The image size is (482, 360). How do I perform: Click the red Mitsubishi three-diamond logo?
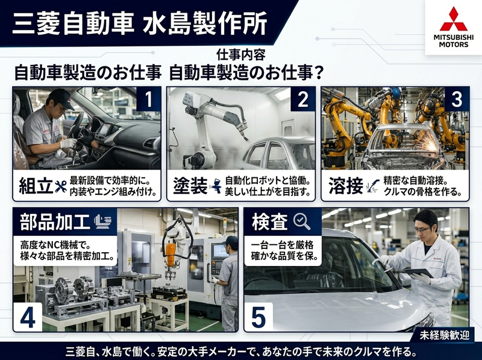[x=454, y=19]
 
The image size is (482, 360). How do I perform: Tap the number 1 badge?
[x=148, y=99]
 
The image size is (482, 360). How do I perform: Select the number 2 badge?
[x=303, y=99]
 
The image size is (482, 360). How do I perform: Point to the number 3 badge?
[x=457, y=99]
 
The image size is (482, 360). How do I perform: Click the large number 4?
[x=28, y=317]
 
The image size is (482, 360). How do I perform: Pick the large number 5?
[x=258, y=317]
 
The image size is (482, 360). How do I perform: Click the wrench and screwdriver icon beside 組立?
[x=61, y=186]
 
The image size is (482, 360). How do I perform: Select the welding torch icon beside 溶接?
[x=373, y=186]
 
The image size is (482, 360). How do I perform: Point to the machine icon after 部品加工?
[x=102, y=221]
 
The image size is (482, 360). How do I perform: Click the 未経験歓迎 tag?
[x=445, y=335]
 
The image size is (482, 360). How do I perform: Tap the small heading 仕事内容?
[x=240, y=55]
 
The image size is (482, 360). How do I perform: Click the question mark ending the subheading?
[x=319, y=73]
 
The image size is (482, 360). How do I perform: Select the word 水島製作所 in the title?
[x=205, y=24]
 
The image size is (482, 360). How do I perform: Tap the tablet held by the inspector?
[x=418, y=273]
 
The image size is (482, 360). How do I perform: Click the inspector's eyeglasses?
[x=421, y=230]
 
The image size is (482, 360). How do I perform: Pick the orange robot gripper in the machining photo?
[x=170, y=256]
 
